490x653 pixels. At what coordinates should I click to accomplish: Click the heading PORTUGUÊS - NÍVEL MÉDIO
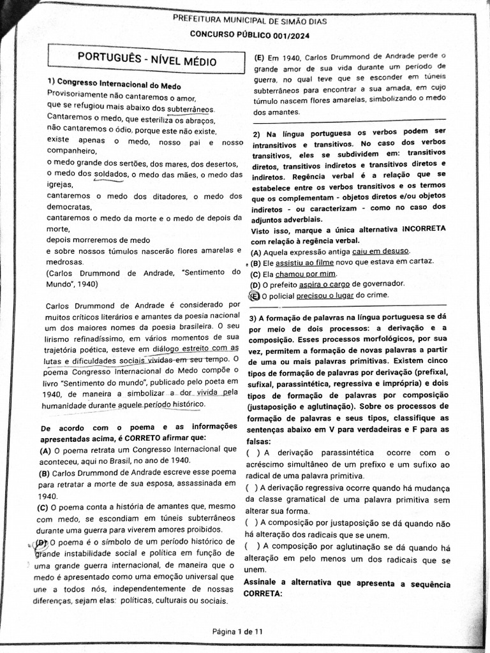click(x=147, y=61)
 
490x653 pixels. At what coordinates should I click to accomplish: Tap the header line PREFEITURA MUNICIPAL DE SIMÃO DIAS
click(x=249, y=21)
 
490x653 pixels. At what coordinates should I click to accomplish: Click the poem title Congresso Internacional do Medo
click(x=118, y=85)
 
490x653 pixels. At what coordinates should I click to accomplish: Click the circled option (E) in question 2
click(x=255, y=295)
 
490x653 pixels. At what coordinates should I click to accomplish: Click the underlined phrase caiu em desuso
click(x=380, y=251)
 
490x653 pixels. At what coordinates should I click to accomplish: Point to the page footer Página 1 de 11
click(x=237, y=631)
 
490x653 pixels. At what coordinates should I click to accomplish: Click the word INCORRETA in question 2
click(x=424, y=228)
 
